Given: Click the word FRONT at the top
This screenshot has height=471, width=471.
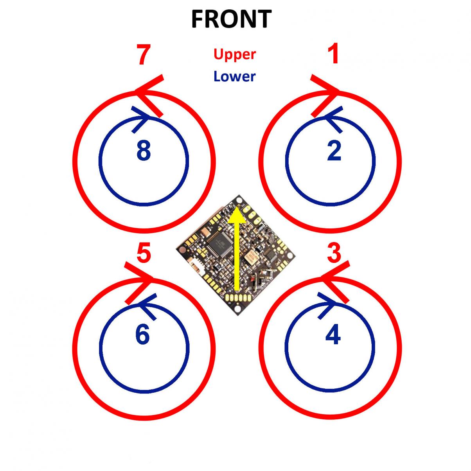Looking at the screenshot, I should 231,19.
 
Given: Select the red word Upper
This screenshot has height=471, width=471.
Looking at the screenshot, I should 235,54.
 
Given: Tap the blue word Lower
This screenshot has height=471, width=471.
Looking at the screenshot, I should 234,76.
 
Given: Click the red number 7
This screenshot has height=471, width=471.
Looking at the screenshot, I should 144,56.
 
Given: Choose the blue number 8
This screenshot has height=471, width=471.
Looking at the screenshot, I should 144,151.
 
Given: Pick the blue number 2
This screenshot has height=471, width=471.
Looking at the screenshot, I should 334,151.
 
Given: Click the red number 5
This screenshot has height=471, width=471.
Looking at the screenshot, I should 144,253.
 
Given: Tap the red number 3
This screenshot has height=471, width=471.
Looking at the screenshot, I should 334,253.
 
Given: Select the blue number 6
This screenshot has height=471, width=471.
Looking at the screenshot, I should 142,335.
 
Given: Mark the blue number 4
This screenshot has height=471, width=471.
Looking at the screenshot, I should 333,335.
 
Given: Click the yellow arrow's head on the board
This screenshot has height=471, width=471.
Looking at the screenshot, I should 237,216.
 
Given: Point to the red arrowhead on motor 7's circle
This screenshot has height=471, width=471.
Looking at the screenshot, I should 147,94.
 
